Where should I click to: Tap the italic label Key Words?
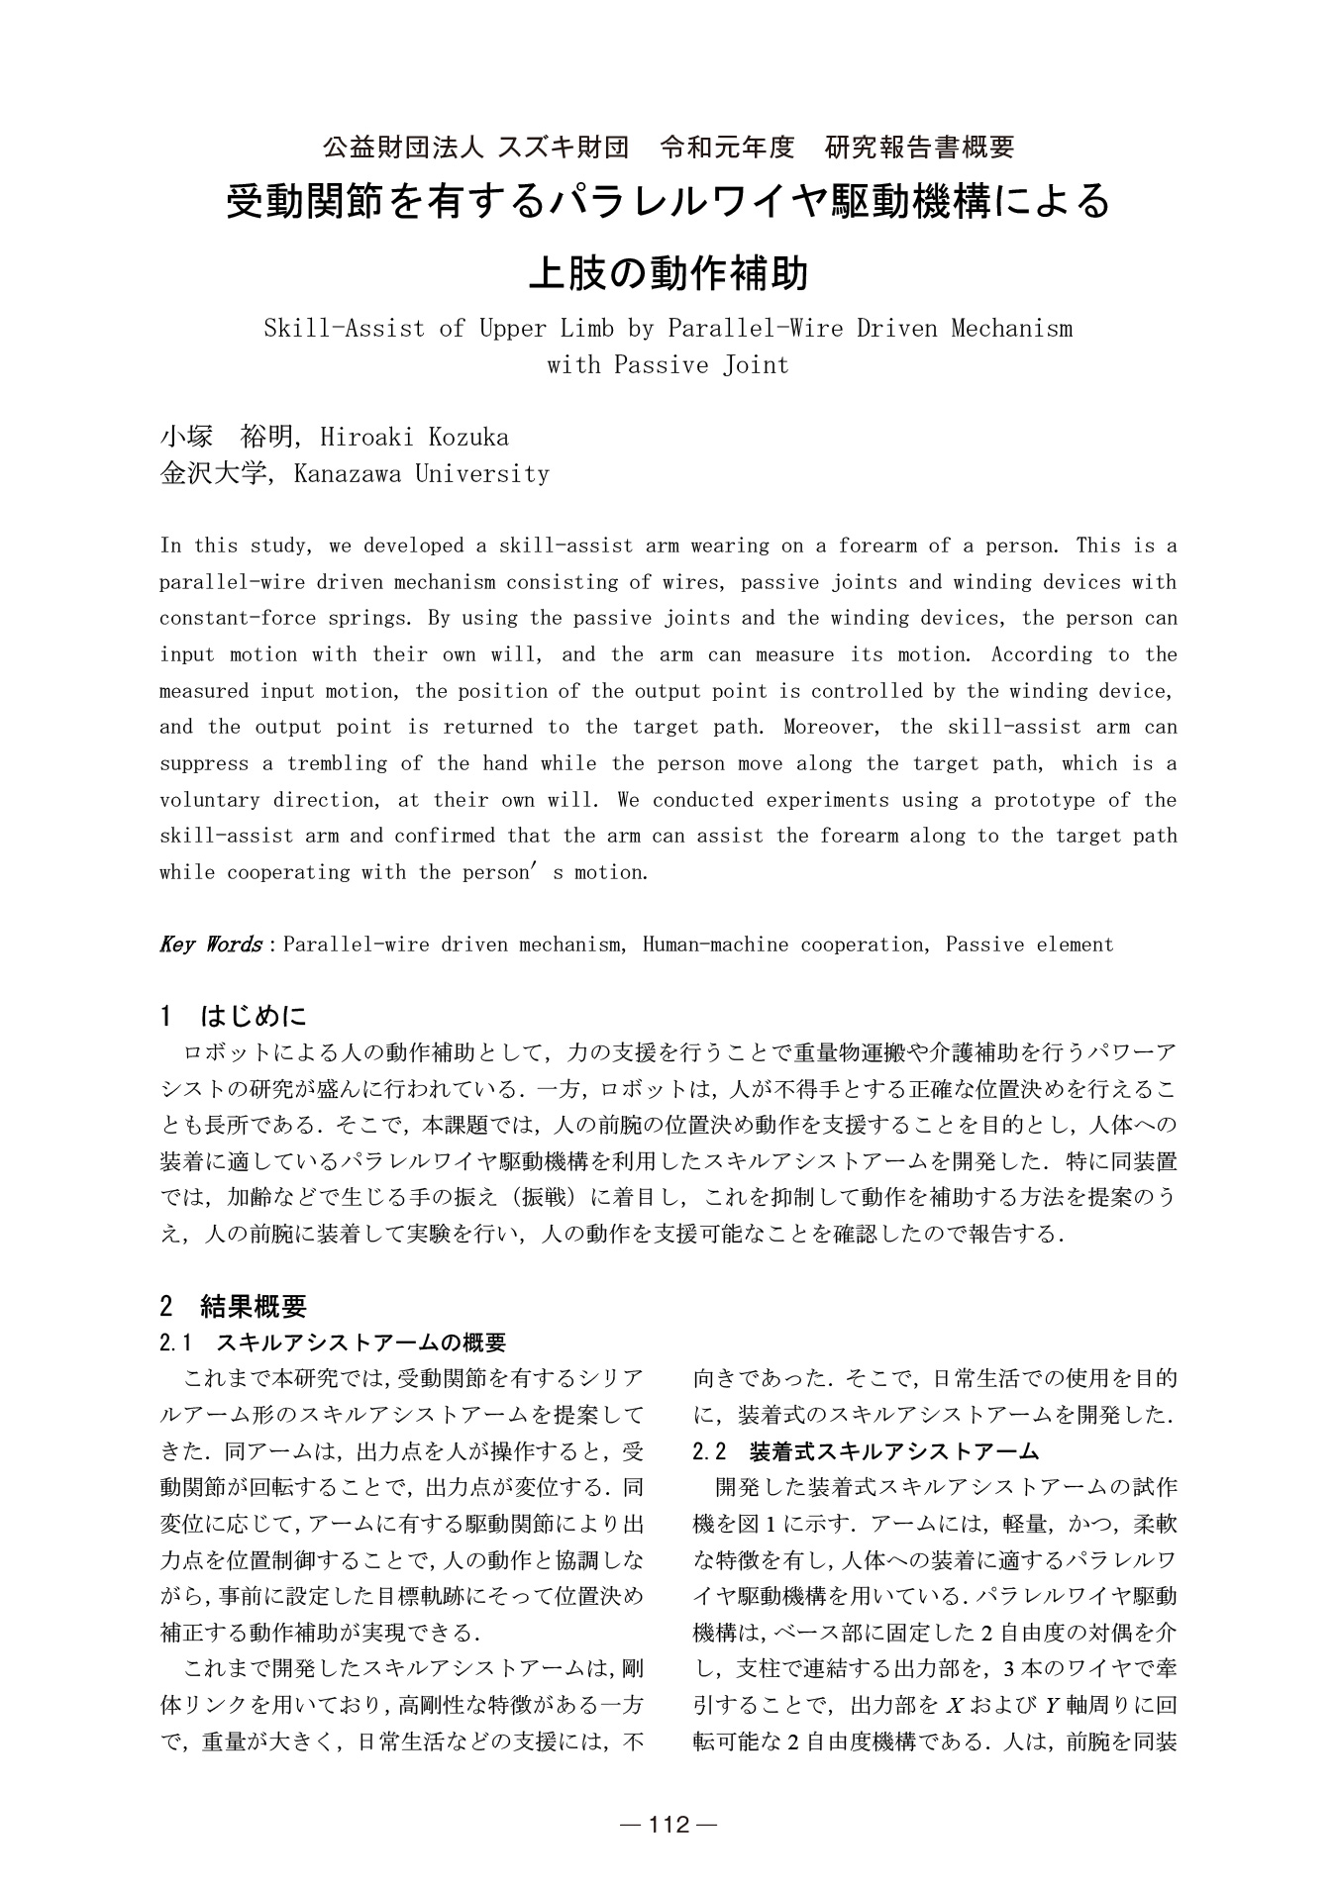[210, 945]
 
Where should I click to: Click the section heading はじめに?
[254, 1016]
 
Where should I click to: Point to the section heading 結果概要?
[254, 1307]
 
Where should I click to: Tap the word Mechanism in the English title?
[1011, 329]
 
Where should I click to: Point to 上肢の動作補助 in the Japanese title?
[668, 272]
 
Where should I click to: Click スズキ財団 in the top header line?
[563, 148]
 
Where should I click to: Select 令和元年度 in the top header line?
[728, 148]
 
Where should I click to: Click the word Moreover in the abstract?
[831, 728]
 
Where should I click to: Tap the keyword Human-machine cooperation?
[781, 945]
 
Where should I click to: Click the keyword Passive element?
[1029, 945]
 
